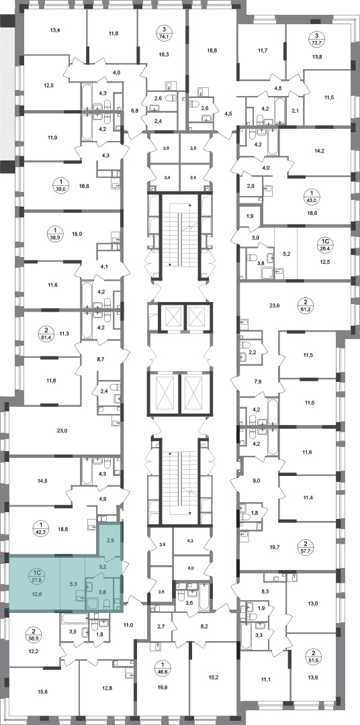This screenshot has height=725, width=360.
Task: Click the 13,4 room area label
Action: coord(55,30)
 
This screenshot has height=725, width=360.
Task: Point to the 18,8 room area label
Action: coord(213,53)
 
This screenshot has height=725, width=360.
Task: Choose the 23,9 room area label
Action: coord(276,305)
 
